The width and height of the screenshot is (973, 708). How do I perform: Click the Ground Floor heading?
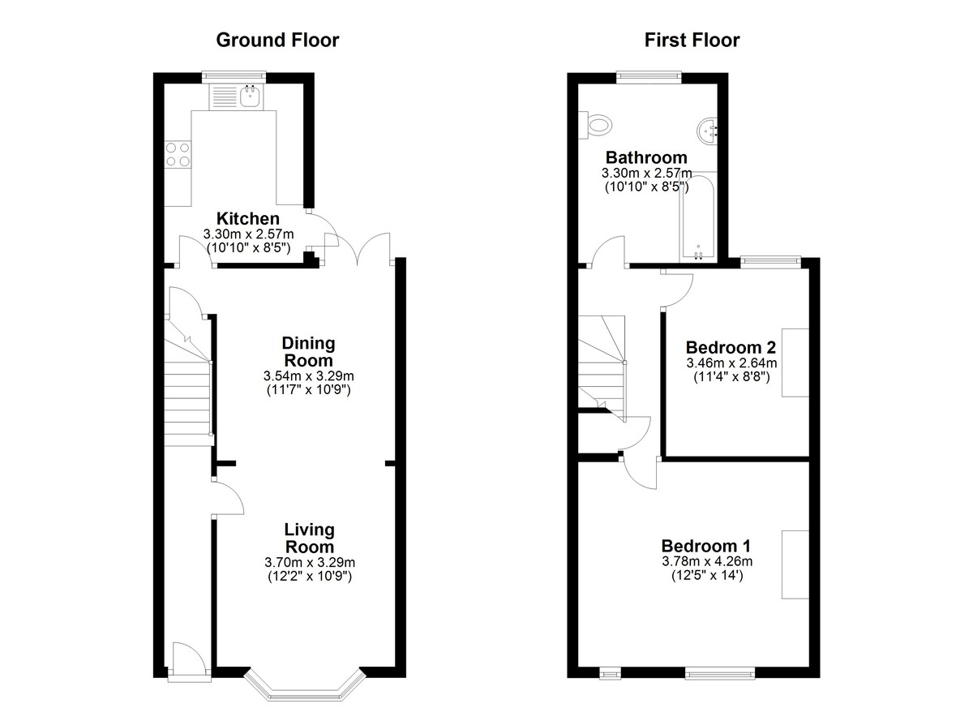pyautogui.click(x=277, y=41)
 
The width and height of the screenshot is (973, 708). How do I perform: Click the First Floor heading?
pyautogui.click(x=692, y=41)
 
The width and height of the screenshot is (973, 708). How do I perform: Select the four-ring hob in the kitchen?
pyautogui.click(x=178, y=155)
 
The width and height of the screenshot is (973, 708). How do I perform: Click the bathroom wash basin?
pyautogui.click(x=708, y=130)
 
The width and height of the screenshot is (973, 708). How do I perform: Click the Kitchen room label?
pyautogui.click(x=247, y=218)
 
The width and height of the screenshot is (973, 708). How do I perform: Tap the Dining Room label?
pyautogui.click(x=308, y=352)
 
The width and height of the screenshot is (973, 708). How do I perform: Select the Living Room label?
pyautogui.click(x=309, y=539)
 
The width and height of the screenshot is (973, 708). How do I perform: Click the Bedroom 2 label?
pyautogui.click(x=731, y=347)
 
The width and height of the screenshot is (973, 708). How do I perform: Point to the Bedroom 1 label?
pyautogui.click(x=706, y=546)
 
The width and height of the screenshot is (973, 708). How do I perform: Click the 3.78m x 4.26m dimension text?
pyautogui.click(x=707, y=562)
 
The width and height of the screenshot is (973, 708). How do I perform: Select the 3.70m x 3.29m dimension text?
pyautogui.click(x=310, y=563)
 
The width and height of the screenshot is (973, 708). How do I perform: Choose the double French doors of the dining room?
pyautogui.click(x=358, y=248)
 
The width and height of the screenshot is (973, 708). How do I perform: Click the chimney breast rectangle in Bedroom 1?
pyautogui.click(x=795, y=564)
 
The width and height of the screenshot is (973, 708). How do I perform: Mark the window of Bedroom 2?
pyautogui.click(x=770, y=260)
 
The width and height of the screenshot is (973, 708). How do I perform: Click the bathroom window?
pyautogui.click(x=649, y=76)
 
